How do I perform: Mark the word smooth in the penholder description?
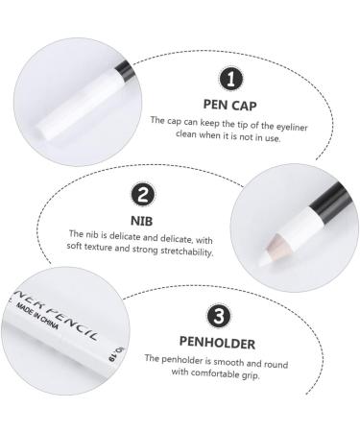[228, 360]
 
